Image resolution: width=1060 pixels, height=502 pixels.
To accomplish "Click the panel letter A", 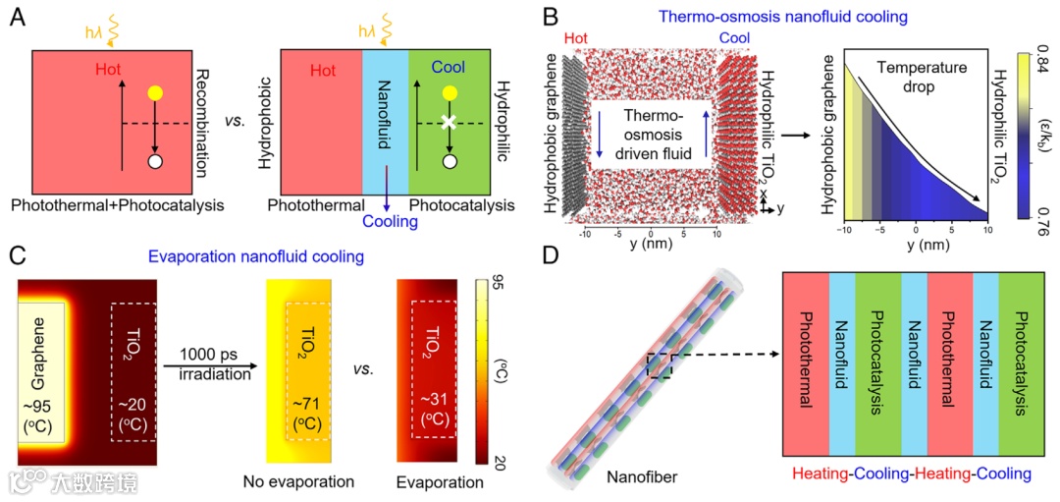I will pos(18,18).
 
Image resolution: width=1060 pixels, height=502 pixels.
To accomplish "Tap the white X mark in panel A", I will pos(449,123).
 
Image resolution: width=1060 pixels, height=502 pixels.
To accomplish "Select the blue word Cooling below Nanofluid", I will pos(390,222).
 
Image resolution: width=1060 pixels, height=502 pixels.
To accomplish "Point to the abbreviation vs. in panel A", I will pos(236,123).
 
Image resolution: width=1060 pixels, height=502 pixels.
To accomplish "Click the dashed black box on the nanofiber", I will pos(659,365).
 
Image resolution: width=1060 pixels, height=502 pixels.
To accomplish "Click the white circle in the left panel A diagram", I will pos(154,160).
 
